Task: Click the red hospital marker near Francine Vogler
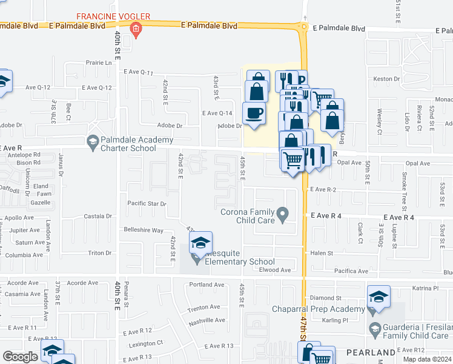click(x=136, y=29)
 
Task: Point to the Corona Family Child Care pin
click(x=282, y=214)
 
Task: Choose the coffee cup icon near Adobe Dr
click(x=253, y=113)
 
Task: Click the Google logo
click(x=20, y=356)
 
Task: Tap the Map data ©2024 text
click(x=426, y=359)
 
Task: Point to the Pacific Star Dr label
click(x=147, y=204)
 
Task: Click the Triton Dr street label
click(x=100, y=253)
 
